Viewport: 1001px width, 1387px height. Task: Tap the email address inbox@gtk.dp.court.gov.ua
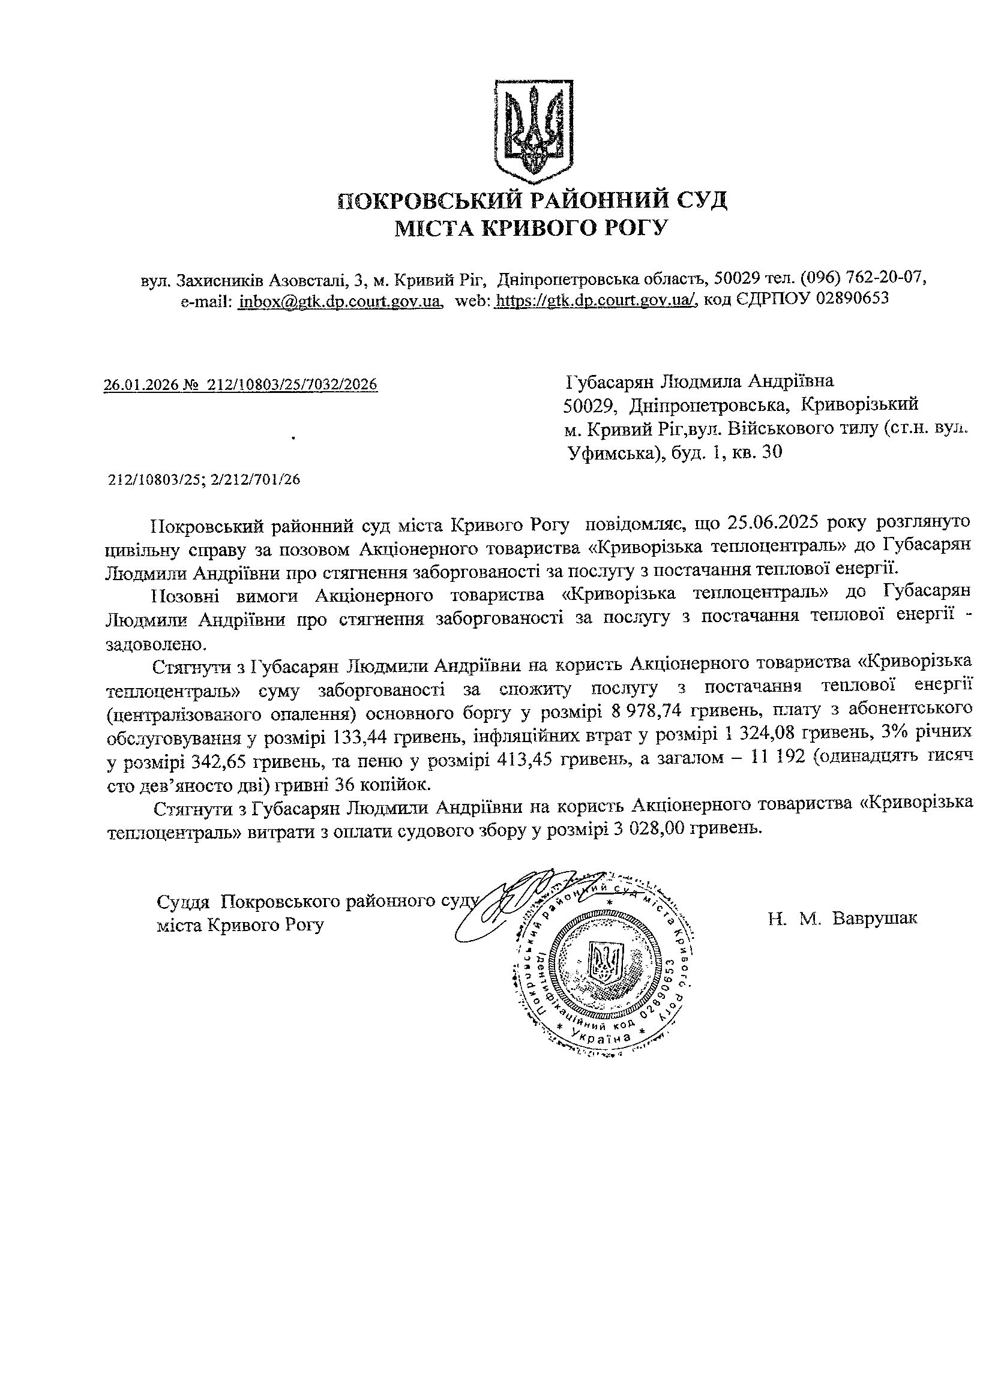click(340, 301)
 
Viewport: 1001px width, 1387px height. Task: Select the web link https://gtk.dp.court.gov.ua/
click(595, 301)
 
